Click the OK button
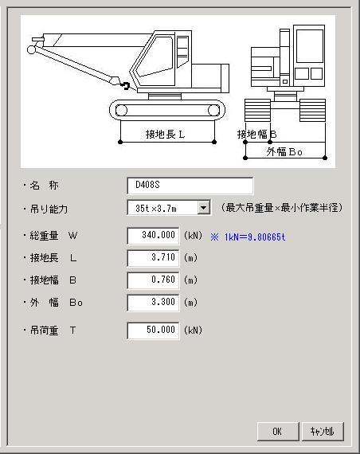pyautogui.click(x=278, y=432)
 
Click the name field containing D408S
pyautogui.click(x=190, y=186)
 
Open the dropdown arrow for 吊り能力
pyautogui.click(x=204, y=208)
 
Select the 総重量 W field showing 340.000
pyautogui.click(x=153, y=236)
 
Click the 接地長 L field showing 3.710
pyautogui.click(x=153, y=258)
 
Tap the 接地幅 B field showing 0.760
pyautogui.click(x=153, y=280)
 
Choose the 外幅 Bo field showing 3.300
pyautogui.click(x=153, y=303)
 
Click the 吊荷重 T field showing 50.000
pyautogui.click(x=153, y=331)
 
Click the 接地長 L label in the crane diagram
pyautogui.click(x=165, y=135)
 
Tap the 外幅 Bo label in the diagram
pyautogui.click(x=284, y=151)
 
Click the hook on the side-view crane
pyautogui.click(x=125, y=85)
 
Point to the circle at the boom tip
pyautogui.click(x=31, y=49)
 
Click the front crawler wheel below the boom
pyautogui.click(x=121, y=111)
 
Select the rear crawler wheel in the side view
pyautogui.click(x=213, y=111)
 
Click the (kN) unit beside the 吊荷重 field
pyautogui.click(x=194, y=331)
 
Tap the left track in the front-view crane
pyautogui.click(x=257, y=111)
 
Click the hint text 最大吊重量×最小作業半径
pyautogui.click(x=282, y=208)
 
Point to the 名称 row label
pyautogui.click(x=44, y=186)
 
